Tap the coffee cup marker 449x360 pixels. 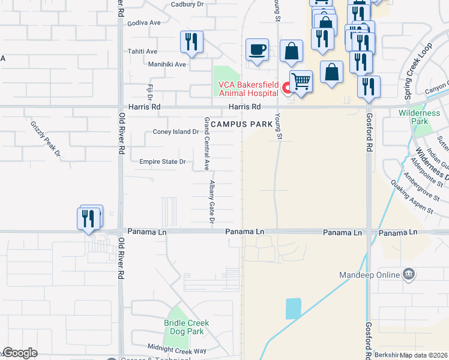click(x=258, y=50)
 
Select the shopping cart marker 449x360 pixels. click(x=301, y=81)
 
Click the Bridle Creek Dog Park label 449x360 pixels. click(x=187, y=327)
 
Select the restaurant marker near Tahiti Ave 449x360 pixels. click(x=192, y=42)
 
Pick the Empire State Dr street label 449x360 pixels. click(x=163, y=162)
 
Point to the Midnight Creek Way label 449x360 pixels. click(x=178, y=350)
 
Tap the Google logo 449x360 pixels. click(x=20, y=353)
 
